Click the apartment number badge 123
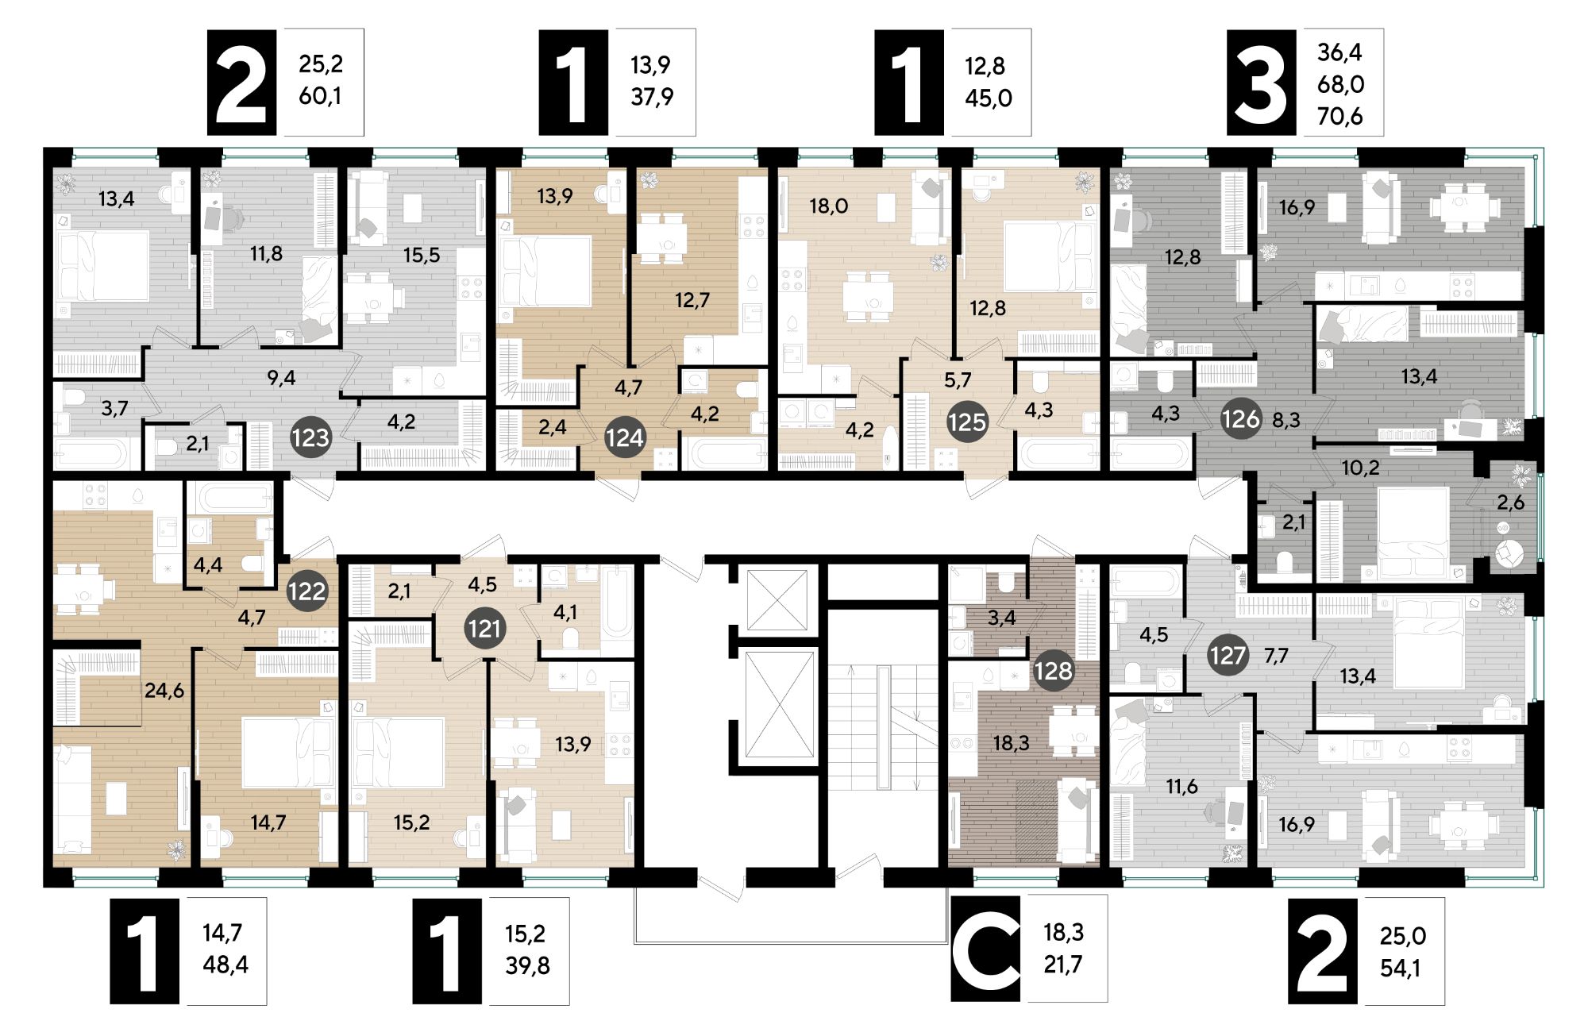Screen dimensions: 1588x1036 [x=310, y=437]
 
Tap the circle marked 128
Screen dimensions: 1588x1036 [x=1053, y=671]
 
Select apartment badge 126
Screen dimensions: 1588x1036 [x=1240, y=418]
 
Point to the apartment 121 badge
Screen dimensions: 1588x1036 [x=484, y=629]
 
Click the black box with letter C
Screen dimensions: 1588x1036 [x=985, y=949]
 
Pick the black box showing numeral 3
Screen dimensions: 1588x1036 [x=1261, y=83]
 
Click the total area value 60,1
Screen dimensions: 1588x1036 [x=320, y=97]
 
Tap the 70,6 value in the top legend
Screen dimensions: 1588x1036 [x=1339, y=117]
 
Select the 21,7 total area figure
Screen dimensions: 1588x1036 [x=1062, y=965]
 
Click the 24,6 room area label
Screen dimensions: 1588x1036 [x=164, y=691]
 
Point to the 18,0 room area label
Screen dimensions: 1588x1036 [x=828, y=206]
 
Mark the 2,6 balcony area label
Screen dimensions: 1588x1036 [x=1510, y=503]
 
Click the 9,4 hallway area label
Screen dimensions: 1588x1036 [x=281, y=378]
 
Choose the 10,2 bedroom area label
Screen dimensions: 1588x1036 [x=1360, y=468]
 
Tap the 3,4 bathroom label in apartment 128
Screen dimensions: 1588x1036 [x=1001, y=617]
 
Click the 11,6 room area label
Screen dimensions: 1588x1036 [x=1181, y=787]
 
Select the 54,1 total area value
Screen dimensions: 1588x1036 [x=1402, y=969]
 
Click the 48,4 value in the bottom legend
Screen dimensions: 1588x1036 [x=225, y=965]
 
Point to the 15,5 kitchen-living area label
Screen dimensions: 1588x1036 [x=421, y=256]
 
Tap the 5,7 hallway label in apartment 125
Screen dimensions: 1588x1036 [x=958, y=380]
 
